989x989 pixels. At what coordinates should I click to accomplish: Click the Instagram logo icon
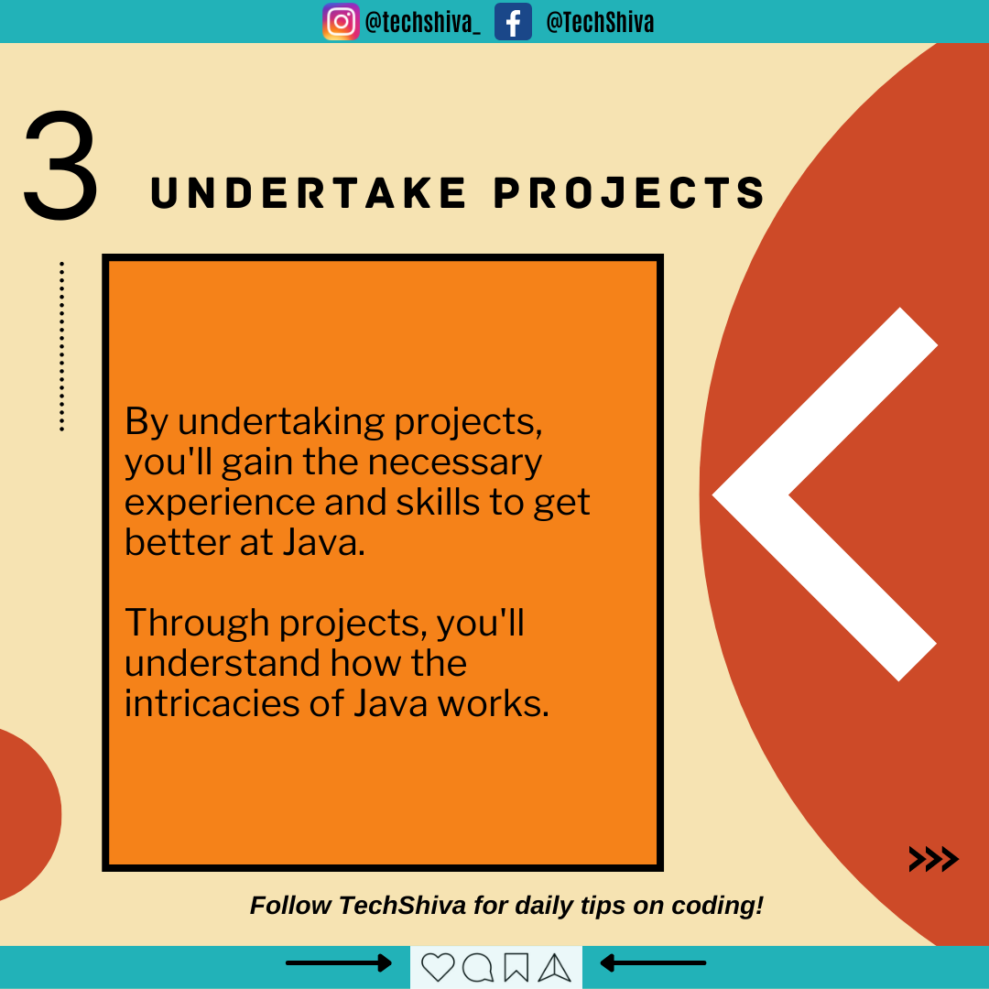tap(341, 21)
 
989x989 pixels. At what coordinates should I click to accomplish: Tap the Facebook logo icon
tap(513, 21)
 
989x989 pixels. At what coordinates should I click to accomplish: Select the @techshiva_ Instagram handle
tap(422, 23)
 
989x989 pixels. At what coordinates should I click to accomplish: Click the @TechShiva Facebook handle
tap(600, 22)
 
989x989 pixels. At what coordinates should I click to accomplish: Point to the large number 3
tap(60, 165)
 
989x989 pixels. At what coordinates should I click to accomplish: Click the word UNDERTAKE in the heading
tap(309, 192)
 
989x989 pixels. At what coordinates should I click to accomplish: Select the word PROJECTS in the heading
tap(629, 192)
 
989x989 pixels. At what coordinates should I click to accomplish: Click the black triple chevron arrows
tap(933, 859)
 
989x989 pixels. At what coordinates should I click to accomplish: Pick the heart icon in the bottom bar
tap(438, 967)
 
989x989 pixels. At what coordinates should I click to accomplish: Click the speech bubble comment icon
tap(477, 967)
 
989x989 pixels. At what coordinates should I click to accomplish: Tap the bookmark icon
tap(516, 967)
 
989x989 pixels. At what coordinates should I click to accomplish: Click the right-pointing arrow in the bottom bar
tap(339, 963)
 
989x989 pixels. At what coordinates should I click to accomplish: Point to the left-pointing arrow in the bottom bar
tap(653, 963)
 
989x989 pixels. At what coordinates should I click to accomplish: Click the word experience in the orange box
tap(220, 504)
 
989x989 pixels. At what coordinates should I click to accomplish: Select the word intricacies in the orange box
tap(212, 702)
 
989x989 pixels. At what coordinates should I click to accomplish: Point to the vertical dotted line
tap(61, 346)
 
